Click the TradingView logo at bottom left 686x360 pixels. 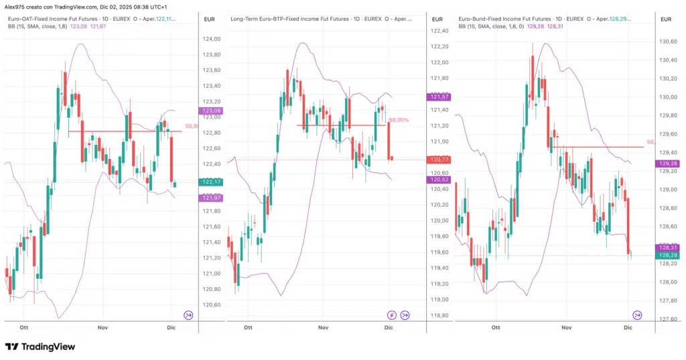pos(40,347)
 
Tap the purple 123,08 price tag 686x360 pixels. pos(212,111)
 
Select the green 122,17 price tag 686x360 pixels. pos(212,182)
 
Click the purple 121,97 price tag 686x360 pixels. pos(212,198)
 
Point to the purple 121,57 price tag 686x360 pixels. pos(439,97)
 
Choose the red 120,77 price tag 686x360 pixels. pos(439,160)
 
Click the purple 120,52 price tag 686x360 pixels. pos(439,180)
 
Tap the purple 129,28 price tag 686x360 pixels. pos(667,164)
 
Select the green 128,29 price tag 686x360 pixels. pos(667,255)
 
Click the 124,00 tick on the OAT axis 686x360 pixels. pos(212,39)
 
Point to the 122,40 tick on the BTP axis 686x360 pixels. pos(439,31)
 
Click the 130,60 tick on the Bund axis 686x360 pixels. pos(667,42)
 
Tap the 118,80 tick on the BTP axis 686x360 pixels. pos(439,315)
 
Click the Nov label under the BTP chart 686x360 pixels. pos(324,327)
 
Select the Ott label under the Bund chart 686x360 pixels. pos(495,327)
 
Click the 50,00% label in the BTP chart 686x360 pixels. pos(399,120)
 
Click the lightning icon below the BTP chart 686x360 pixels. pos(391,314)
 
